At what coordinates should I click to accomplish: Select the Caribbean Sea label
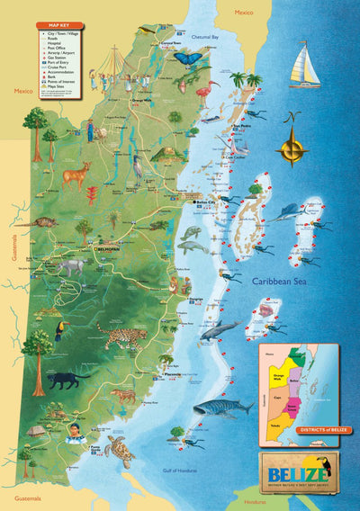282,281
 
